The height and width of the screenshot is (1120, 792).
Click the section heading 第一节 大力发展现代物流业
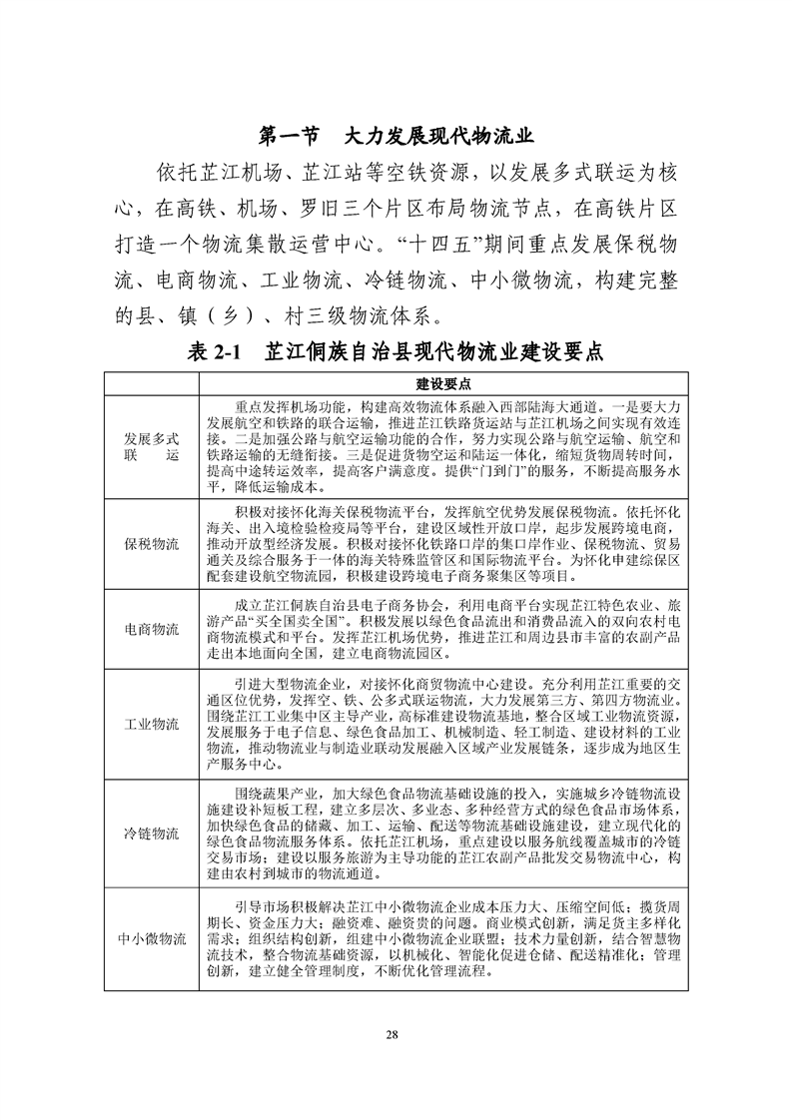point(396,136)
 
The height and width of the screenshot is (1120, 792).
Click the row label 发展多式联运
point(152,447)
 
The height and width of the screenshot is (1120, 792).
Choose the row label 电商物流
point(152,630)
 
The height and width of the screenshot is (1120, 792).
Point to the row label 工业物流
point(152,724)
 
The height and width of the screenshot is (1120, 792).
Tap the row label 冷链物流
point(152,833)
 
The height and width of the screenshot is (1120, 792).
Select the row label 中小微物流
point(152,939)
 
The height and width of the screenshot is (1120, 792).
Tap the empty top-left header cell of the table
point(152,384)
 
